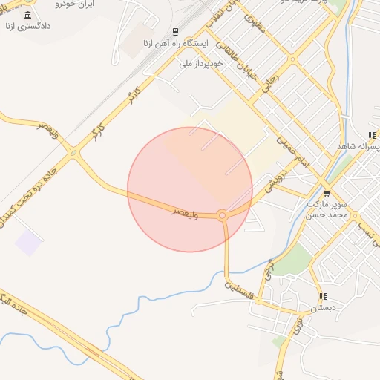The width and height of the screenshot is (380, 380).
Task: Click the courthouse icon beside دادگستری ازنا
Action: [x=28, y=16]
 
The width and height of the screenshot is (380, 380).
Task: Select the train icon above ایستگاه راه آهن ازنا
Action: [x=175, y=32]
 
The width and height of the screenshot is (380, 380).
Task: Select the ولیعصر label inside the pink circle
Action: [x=186, y=211]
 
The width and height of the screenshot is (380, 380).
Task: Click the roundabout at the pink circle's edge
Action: [x=222, y=215]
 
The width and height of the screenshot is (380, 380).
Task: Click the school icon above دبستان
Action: [x=322, y=296]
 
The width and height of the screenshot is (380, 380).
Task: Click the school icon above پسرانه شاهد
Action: [x=370, y=136]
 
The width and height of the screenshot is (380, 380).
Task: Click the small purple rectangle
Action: [x=29, y=242]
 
